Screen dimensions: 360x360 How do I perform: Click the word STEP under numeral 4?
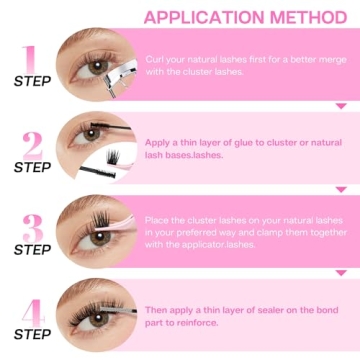32,337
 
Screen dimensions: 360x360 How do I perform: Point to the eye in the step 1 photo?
95,66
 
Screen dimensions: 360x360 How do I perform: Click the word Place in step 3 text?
161,220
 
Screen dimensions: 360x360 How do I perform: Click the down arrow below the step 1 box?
340,103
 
